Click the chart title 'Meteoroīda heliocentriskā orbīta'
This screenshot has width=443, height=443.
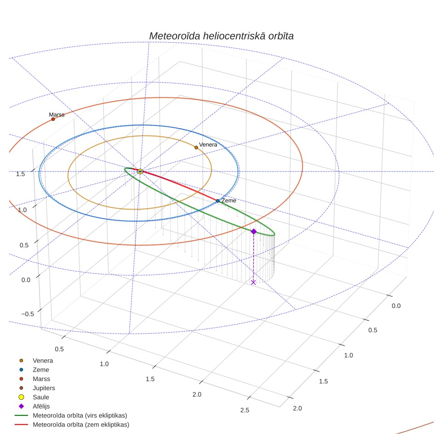point(221,36)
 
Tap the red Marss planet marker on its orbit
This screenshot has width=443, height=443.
point(53,119)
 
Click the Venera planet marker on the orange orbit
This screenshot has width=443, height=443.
point(196,148)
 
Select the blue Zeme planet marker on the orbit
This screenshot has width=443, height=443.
point(217,201)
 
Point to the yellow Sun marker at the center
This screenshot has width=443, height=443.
point(140,171)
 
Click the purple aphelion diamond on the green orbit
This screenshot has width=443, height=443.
point(254,232)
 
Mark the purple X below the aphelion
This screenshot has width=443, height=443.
point(253,282)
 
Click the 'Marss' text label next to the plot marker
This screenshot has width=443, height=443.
point(57,114)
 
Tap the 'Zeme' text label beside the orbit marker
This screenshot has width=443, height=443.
point(229,200)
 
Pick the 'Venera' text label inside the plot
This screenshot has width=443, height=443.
point(208,145)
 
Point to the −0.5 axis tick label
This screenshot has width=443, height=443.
point(28,314)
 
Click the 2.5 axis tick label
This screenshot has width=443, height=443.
point(244,410)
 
